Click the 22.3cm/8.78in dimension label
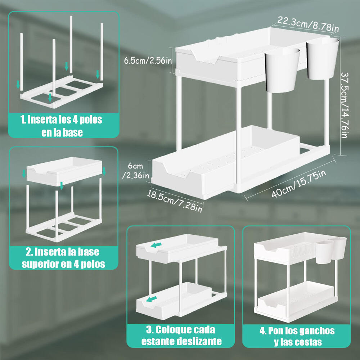(x=307, y=24)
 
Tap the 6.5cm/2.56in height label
(x=148, y=60)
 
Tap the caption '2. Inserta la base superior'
(x=63, y=258)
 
